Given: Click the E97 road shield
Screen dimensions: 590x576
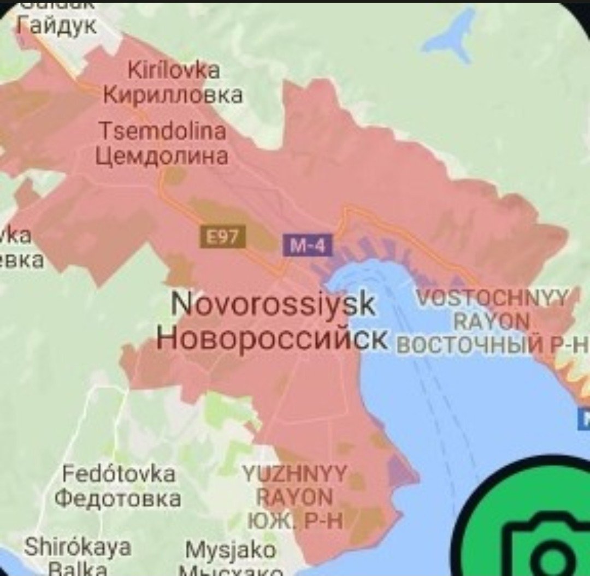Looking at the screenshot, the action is point(224,239).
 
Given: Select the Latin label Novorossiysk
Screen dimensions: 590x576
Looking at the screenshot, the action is point(273,305).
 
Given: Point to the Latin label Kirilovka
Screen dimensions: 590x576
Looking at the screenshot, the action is point(174,71).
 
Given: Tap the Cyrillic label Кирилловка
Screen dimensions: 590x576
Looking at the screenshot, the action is point(173,96).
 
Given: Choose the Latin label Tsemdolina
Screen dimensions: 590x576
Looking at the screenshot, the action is point(162,132).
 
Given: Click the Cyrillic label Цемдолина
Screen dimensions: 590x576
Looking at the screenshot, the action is point(162,157).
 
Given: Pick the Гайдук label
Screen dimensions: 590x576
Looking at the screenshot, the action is point(57,25).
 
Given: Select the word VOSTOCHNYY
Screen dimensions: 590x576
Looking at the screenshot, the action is point(492,299).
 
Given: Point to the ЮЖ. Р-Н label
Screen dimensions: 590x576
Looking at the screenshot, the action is point(295,522).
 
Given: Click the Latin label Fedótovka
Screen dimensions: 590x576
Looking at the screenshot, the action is point(119,474).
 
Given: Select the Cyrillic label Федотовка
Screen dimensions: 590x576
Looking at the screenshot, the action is point(119,498).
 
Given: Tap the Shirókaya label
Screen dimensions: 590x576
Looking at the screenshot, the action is point(78,547).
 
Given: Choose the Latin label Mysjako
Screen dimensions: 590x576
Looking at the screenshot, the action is point(230,550).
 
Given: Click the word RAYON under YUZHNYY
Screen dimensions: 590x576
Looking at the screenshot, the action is point(295,498).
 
